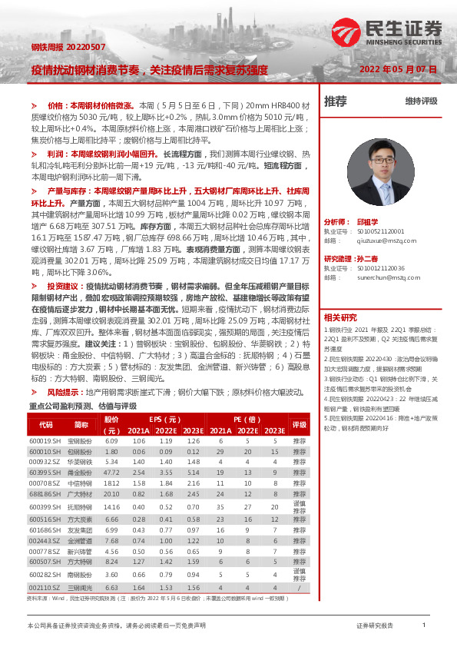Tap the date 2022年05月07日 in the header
pos(399,69)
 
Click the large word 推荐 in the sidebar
pos(336,101)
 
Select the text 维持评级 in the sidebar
pos(421,101)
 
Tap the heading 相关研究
pos(339,317)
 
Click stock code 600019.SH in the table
pos(45,441)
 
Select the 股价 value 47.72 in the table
pos(111,473)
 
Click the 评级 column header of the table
pos(299,425)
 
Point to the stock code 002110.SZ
pos(45,586)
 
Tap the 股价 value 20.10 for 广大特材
pos(111,494)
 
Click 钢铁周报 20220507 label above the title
pos(58,47)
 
